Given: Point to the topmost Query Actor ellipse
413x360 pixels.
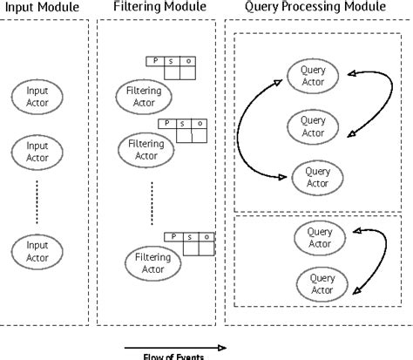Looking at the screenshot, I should point(312,74).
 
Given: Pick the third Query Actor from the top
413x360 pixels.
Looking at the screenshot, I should point(318,177).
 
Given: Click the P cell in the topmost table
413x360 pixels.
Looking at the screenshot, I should point(156,61).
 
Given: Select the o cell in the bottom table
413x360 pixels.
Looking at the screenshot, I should point(206,235).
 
